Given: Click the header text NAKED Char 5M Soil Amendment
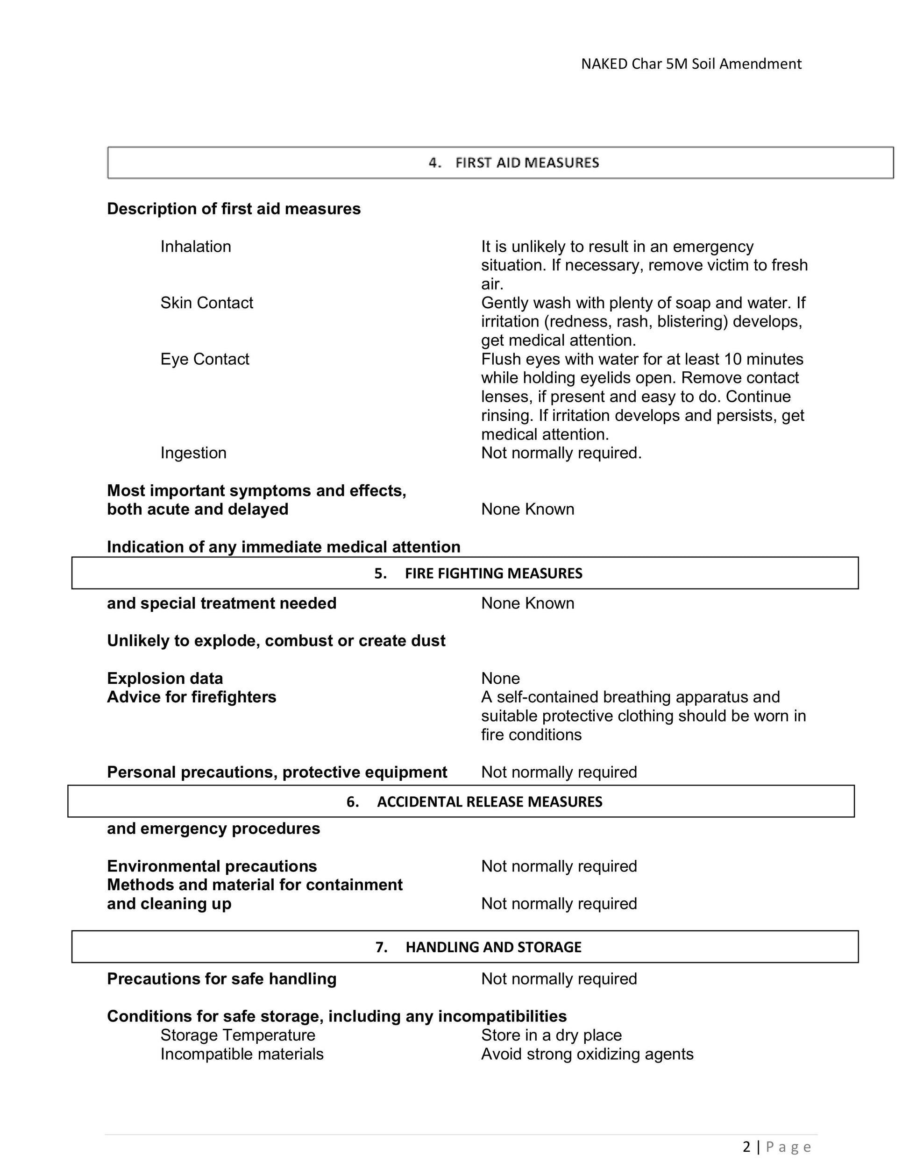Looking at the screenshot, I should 691,64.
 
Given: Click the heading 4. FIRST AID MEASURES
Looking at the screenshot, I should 514,163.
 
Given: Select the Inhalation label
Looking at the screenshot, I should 195,247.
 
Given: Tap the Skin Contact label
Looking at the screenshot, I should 206,303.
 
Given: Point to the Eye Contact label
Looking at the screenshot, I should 205,359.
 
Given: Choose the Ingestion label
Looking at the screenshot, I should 193,453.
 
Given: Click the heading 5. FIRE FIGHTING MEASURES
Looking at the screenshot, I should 478,574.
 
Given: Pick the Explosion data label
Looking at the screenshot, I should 165,679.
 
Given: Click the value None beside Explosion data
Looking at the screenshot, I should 500,679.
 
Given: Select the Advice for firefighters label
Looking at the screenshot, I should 191,697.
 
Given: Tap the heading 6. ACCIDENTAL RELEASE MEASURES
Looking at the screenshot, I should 474,802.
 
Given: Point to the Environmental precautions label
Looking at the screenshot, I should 212,866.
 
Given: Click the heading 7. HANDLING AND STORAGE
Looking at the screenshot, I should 478,947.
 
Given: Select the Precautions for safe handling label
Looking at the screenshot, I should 221,979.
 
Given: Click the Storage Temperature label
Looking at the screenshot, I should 237,1035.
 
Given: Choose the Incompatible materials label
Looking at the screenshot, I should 242,1054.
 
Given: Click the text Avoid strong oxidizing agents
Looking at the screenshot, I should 587,1054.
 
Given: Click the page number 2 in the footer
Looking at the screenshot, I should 746,1147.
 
